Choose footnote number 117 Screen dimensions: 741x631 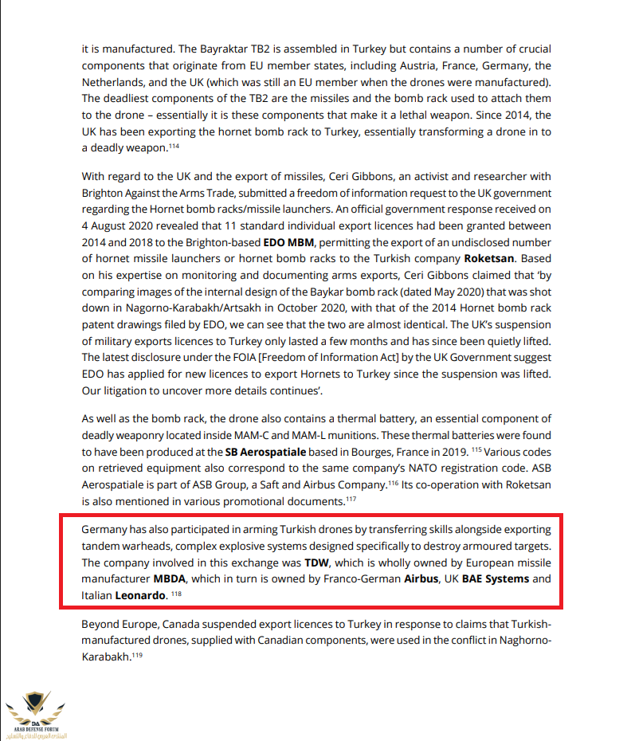350,499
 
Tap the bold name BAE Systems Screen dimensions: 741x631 496,578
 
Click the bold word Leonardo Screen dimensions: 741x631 141,595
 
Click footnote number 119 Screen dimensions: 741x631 137,656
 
